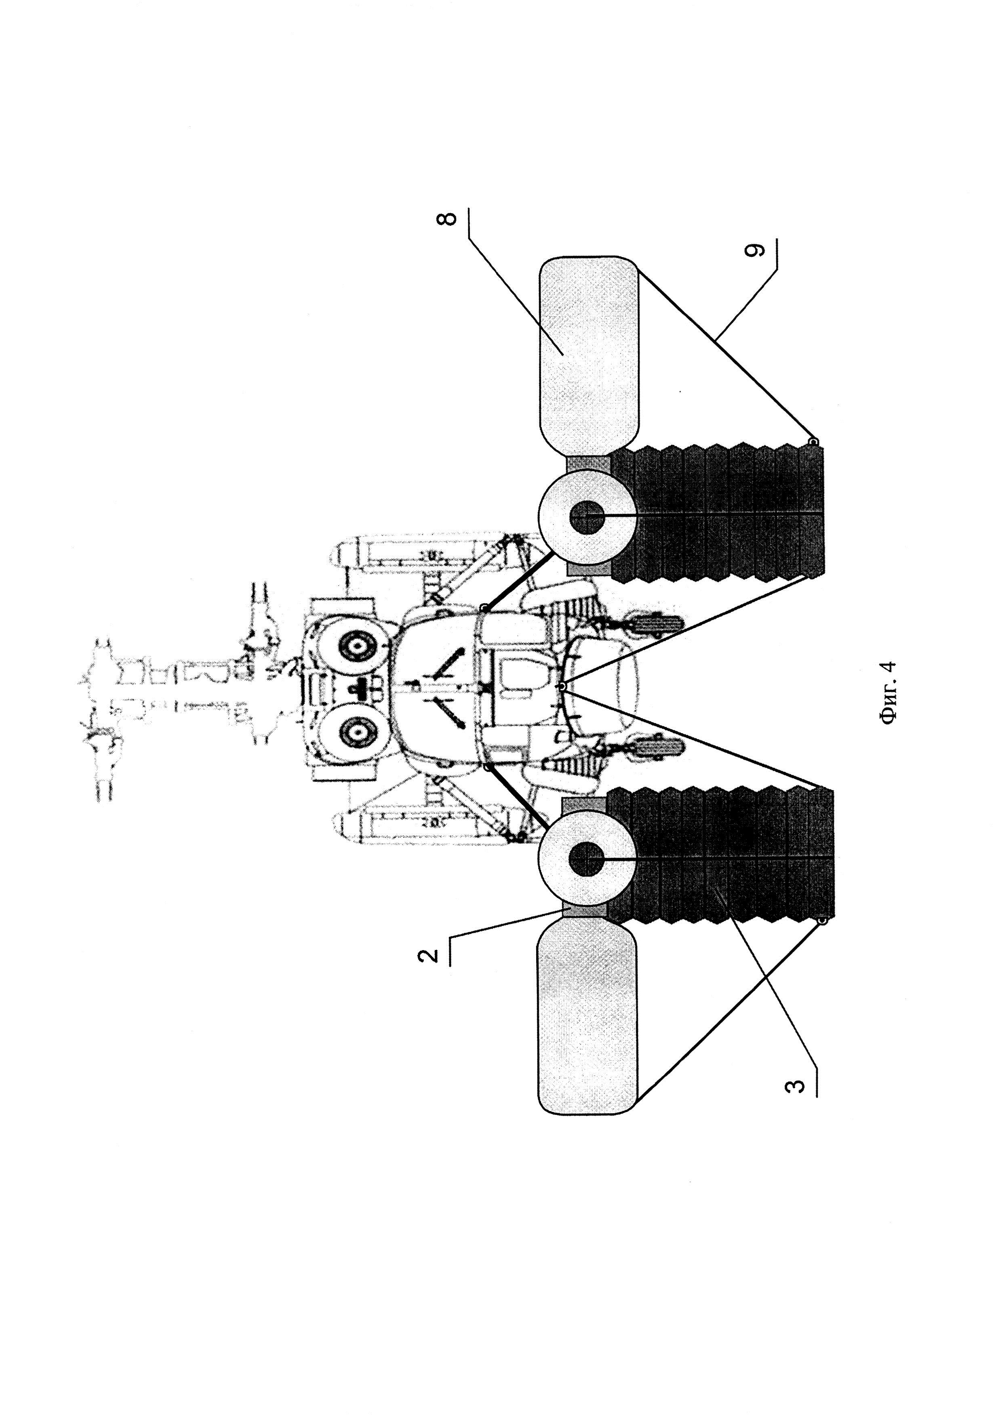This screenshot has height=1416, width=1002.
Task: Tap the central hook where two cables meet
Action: [x=562, y=686]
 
